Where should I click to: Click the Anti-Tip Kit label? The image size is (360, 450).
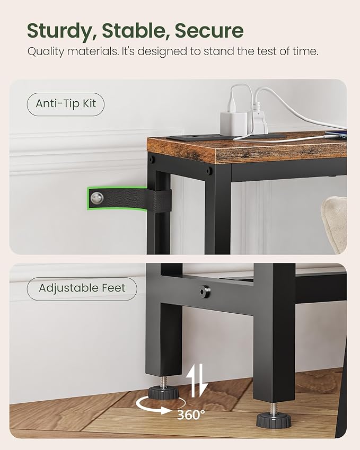coord(66,104)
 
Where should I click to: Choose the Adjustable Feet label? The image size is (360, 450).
coord(82,288)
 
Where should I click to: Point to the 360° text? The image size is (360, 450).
coord(191,414)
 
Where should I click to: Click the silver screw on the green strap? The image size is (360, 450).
coord(96,198)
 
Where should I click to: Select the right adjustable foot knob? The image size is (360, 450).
coord(273,421)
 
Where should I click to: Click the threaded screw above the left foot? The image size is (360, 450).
coord(162,380)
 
